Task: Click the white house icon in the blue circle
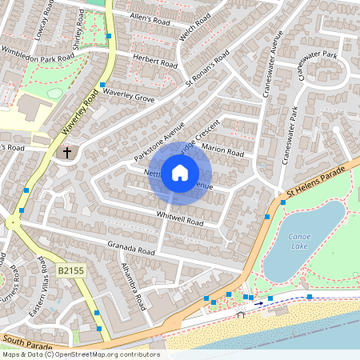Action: pos(180,172)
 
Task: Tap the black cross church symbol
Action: pos(67,150)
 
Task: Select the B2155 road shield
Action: pos(72,272)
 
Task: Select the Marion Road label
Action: pos(224,151)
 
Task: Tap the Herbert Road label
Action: pos(154,61)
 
